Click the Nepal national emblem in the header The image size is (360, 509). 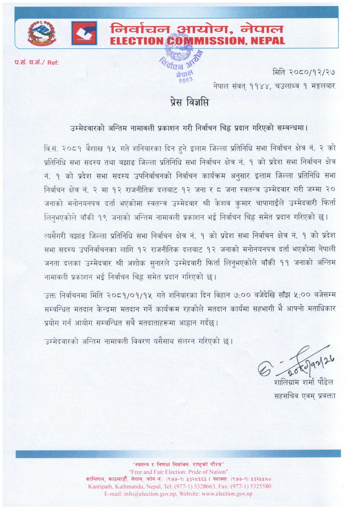[x=41, y=33]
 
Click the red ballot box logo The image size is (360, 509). [x=84, y=33]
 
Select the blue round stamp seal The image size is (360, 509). [x=180, y=57]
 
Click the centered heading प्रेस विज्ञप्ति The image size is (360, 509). [x=189, y=103]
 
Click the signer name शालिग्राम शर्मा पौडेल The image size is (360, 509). [x=303, y=382]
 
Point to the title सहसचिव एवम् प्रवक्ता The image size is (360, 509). [x=305, y=396]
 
